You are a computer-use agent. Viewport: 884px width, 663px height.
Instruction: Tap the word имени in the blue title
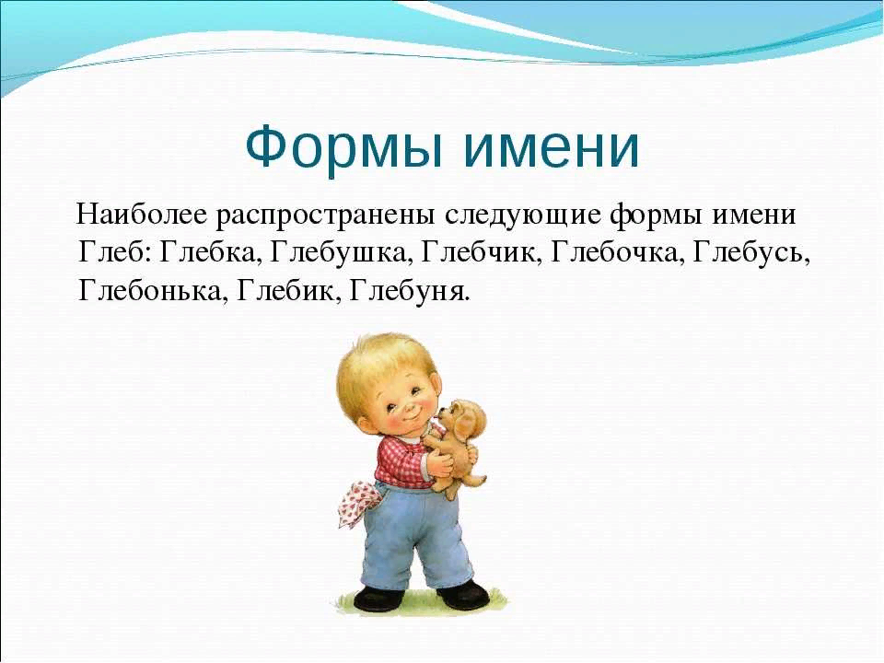pyautogui.click(x=552, y=149)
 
